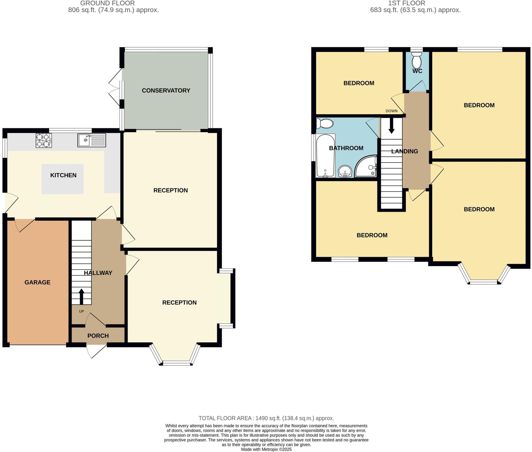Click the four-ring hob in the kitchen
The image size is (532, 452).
44,140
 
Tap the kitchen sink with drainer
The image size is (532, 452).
91,140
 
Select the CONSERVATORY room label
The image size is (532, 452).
166,91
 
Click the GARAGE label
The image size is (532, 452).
37,282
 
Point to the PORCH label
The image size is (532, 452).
98,336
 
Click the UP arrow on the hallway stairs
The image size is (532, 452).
81,296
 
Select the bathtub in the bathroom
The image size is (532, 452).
325,156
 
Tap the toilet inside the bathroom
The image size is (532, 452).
325,124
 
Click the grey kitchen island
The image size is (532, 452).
63,179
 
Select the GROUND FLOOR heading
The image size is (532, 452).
107,3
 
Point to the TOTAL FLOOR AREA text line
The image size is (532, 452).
266,418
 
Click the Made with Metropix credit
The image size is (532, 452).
266,449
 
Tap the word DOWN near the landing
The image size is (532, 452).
391,111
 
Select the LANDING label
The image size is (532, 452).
404,151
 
